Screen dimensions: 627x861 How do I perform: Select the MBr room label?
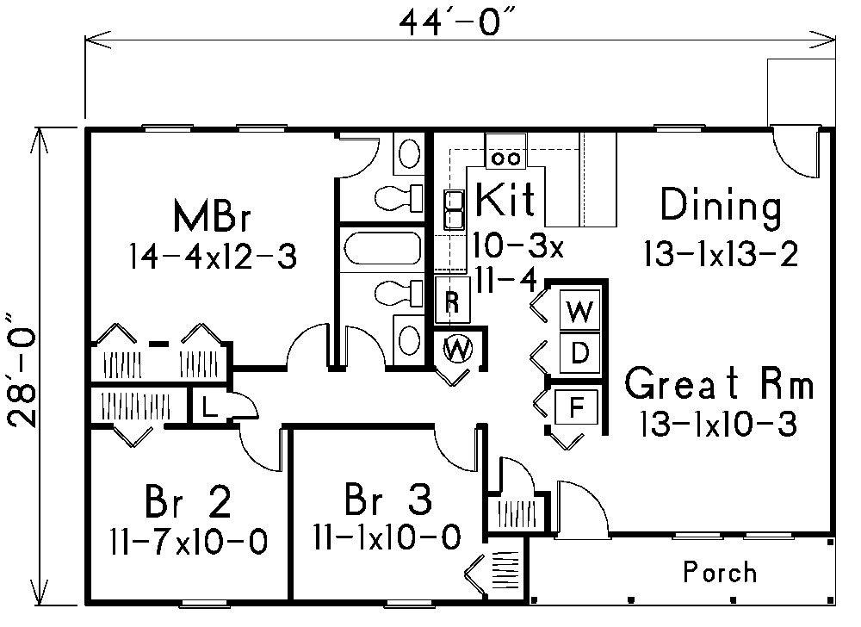[212, 217]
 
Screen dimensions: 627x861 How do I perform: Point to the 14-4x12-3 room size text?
[212, 255]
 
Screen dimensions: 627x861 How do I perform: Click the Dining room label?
[720, 208]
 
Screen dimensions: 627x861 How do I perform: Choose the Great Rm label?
[719, 384]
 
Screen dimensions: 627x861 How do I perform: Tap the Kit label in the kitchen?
[505, 200]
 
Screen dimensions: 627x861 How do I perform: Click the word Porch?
[720, 571]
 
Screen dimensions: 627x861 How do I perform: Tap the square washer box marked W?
[581, 312]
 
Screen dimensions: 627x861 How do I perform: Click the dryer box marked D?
[581, 351]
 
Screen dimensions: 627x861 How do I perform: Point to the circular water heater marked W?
[458, 349]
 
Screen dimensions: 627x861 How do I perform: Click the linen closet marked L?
[208, 408]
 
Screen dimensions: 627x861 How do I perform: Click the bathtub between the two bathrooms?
[381, 250]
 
